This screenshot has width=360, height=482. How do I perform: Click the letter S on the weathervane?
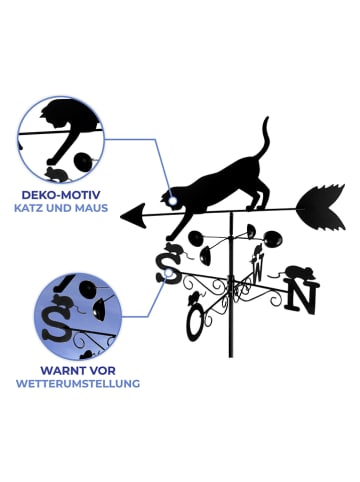pyautogui.click(x=168, y=267)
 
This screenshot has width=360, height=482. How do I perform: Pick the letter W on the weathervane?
pyautogui.click(x=258, y=267)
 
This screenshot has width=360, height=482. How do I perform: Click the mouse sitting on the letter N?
pyautogui.click(x=297, y=272)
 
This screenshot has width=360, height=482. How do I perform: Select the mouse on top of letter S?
pyautogui.click(x=172, y=248)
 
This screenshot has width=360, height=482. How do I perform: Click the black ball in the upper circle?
pyautogui.click(x=84, y=158)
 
